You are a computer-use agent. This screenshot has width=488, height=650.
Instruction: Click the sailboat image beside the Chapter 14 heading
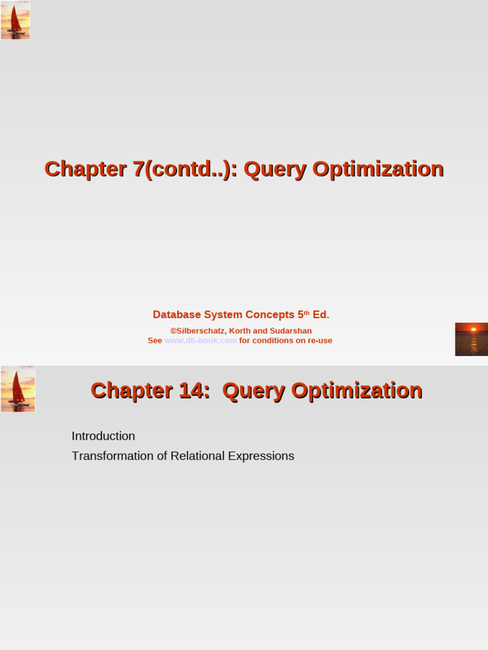[18, 388]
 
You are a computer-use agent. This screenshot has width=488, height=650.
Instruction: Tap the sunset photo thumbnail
[471, 339]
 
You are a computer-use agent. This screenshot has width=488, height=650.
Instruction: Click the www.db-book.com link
[200, 340]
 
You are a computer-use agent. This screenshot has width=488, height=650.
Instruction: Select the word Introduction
[103, 436]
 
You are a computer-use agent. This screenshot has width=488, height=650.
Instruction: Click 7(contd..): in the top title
[185, 169]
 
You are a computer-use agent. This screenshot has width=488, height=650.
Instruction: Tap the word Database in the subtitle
[177, 315]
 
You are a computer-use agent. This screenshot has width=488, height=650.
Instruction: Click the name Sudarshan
[290, 331]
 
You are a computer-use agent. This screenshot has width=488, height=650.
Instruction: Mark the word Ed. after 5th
[321, 315]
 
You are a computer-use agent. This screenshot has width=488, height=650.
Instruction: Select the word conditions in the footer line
[275, 340]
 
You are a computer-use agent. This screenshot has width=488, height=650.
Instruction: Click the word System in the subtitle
[227, 315]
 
